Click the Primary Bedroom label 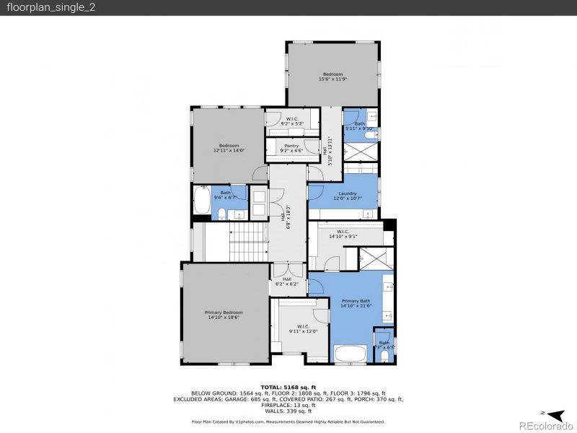pos(224,314)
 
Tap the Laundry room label pos(347,193)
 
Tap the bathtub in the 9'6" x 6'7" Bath pos(201,200)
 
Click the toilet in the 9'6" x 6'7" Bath pos(222,214)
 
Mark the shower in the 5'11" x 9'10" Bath pos(360,157)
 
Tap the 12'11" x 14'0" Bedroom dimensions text pos(229,151)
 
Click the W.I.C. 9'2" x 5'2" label pos(292,123)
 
